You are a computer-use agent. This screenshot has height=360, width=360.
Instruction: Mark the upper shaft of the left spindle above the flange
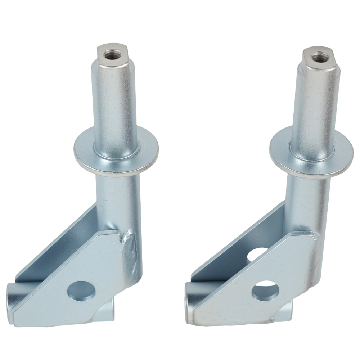115,108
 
